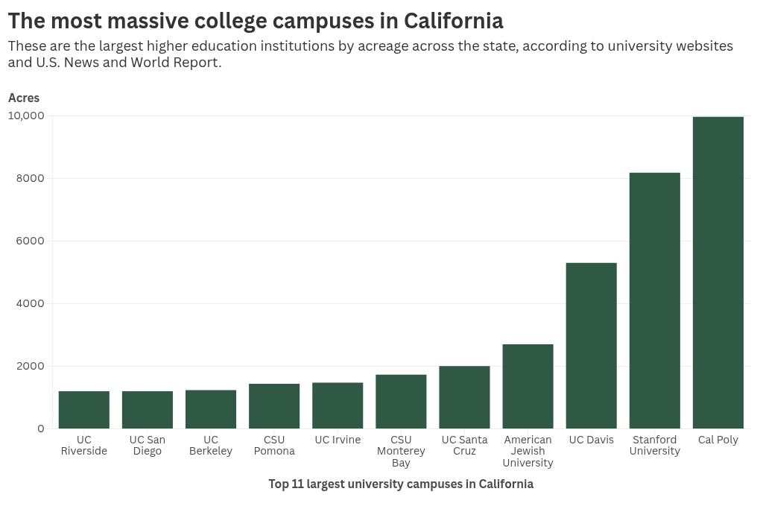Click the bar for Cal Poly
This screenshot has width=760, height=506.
click(x=718, y=273)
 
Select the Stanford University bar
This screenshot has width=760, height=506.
click(x=654, y=300)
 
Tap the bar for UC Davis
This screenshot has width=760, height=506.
click(x=591, y=346)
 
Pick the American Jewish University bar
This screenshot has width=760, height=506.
click(x=528, y=386)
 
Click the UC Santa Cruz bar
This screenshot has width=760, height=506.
click(x=464, y=397)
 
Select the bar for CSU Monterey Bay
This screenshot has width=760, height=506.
click(x=401, y=402)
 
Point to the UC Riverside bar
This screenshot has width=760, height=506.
click(x=84, y=410)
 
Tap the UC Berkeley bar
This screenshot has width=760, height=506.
click(x=211, y=409)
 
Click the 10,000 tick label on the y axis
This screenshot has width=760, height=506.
click(x=26, y=116)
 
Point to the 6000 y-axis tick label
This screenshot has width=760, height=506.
click(x=31, y=241)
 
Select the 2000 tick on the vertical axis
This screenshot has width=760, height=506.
click(x=31, y=366)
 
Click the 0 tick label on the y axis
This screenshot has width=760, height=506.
click(x=40, y=428)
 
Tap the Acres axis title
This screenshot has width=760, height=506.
click(x=24, y=98)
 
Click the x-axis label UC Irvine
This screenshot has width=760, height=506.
click(x=338, y=440)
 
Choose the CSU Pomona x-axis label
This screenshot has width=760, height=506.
click(x=274, y=445)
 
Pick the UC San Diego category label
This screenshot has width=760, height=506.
click(x=148, y=445)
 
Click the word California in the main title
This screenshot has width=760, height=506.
click(x=453, y=20)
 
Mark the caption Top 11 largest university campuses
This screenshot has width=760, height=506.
click(x=401, y=484)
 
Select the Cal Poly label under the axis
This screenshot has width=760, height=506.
click(x=718, y=440)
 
